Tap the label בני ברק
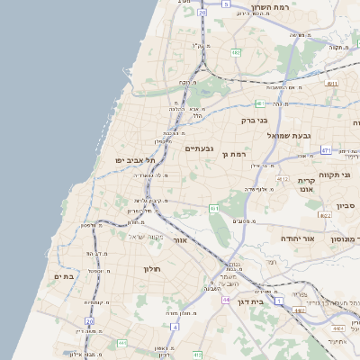(256, 119)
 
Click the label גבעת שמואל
(288, 135)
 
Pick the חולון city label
(150, 268)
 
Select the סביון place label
(347, 205)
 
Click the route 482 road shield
(235, 52)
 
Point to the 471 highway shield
(326, 150)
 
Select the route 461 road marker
(214, 209)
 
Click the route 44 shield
(227, 300)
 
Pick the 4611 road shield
(332, 83)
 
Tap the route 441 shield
(121, 343)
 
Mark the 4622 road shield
(325, 215)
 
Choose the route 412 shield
(283, 179)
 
